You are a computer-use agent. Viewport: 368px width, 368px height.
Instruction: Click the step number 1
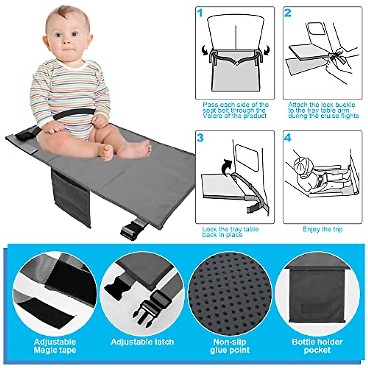(200, 13)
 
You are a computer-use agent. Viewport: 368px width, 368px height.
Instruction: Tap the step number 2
(288, 13)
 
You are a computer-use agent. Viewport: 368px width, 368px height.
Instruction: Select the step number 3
(200, 138)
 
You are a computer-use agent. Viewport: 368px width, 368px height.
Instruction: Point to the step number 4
(288, 138)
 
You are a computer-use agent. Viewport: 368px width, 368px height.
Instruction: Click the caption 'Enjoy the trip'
(323, 229)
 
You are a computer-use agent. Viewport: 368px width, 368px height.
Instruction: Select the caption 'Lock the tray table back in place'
(230, 232)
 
